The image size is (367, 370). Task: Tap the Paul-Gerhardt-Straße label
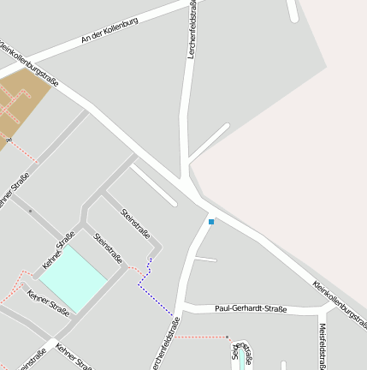coord(251,308)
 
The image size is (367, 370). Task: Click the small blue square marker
coord(211,222)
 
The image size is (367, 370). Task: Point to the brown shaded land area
coord(21,106)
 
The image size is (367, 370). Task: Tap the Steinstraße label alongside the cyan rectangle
coord(109,248)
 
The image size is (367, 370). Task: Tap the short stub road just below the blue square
coord(206,259)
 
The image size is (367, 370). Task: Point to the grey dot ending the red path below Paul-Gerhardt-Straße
coord(228,337)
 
